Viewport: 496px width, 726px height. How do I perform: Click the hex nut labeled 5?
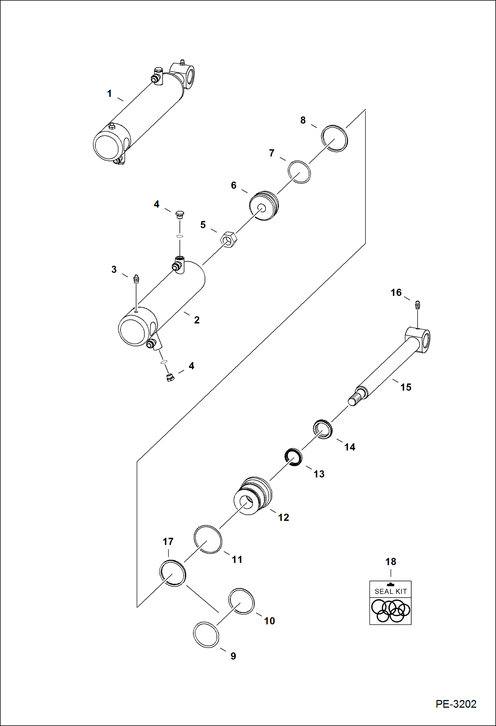tap(228, 238)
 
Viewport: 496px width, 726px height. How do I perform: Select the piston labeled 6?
tap(264, 206)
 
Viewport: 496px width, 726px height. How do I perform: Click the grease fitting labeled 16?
tap(418, 305)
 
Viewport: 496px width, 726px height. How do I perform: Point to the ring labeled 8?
tap(335, 138)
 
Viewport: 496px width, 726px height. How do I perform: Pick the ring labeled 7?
tap(299, 172)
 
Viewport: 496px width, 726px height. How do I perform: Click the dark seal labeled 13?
tap(294, 457)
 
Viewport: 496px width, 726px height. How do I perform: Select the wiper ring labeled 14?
tap(323, 429)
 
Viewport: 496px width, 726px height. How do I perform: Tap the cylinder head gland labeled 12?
tap(253, 496)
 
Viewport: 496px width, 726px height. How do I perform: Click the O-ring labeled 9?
tap(206, 634)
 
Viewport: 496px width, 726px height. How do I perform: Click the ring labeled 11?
tap(208, 540)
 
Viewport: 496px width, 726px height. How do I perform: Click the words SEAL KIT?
tap(390, 591)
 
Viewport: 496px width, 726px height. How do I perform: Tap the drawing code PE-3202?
tap(456, 704)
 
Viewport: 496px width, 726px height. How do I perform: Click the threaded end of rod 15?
tap(355, 398)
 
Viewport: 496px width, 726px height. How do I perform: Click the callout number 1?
tap(109, 94)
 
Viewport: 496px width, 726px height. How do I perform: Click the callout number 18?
tap(391, 561)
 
